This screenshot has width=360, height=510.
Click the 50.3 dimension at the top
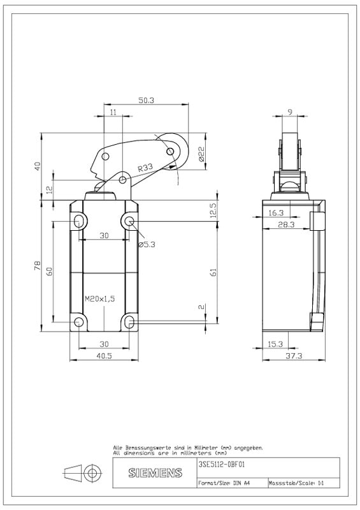coord(146,100)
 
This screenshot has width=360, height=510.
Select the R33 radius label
coord(145,168)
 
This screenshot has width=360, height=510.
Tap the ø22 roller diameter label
coord(201,154)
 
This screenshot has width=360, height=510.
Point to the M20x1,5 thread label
coord(100,298)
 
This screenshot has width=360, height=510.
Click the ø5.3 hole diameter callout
coord(147,245)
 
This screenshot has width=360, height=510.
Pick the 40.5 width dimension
coord(104,356)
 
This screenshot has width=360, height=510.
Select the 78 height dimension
coord(38,265)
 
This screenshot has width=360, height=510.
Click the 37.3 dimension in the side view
coord(294,356)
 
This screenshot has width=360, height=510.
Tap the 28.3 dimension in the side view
coord(286,224)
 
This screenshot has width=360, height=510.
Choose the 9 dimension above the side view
coord(290,112)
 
